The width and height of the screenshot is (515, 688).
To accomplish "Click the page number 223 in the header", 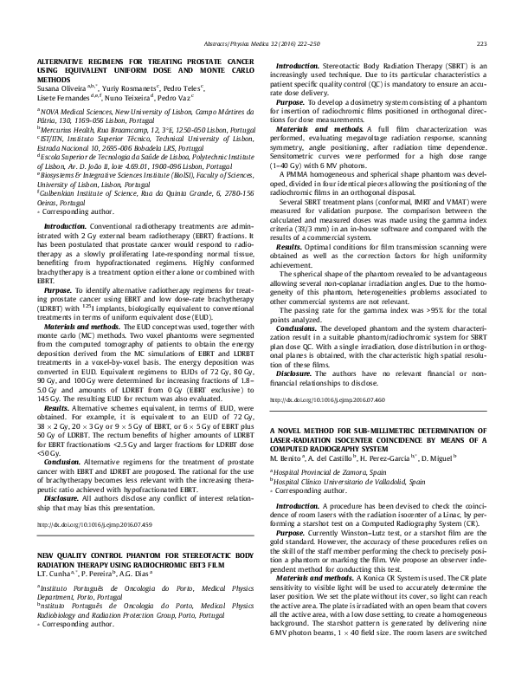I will pyautogui.click(x=482, y=44).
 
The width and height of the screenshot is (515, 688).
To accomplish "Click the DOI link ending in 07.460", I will pyautogui.click(x=325, y=399).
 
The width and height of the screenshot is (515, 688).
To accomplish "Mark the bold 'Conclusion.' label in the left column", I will pyautogui.click(x=61, y=462).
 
